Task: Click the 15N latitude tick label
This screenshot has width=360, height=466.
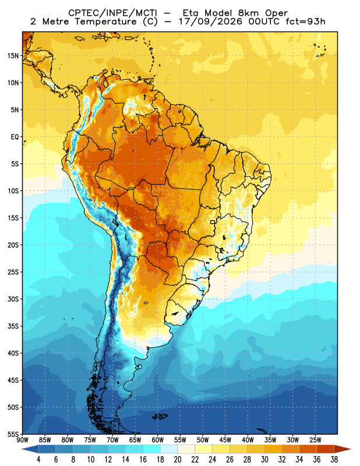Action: coord(13,55)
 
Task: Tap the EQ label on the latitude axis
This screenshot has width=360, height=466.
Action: coord(15,137)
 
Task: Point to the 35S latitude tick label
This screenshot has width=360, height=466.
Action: coord(13,326)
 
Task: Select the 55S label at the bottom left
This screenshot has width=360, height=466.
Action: coord(13,434)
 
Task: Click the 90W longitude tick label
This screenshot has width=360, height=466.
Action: coord(22,440)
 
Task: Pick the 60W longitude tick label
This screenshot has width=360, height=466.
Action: coord(157,440)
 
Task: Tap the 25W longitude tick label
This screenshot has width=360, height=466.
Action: coord(315,440)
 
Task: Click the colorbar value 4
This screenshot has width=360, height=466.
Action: coord(38,460)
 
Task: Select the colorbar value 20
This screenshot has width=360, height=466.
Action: coord(178,460)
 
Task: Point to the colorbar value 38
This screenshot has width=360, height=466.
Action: coord(334,460)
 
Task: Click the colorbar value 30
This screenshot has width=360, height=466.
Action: coord(264,460)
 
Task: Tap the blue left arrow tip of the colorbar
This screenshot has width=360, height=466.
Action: coord(22,449)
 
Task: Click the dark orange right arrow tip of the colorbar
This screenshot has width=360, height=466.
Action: coord(351,449)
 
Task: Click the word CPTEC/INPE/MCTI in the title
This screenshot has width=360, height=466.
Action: coord(113,13)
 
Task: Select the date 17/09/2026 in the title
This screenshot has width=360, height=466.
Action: coord(211,22)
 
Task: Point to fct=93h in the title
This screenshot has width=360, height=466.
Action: coord(305,22)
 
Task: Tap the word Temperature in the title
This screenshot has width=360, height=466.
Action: coord(106,22)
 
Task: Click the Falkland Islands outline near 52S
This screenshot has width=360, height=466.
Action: coord(160,416)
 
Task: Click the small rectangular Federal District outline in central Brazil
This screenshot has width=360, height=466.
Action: coord(213,222)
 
